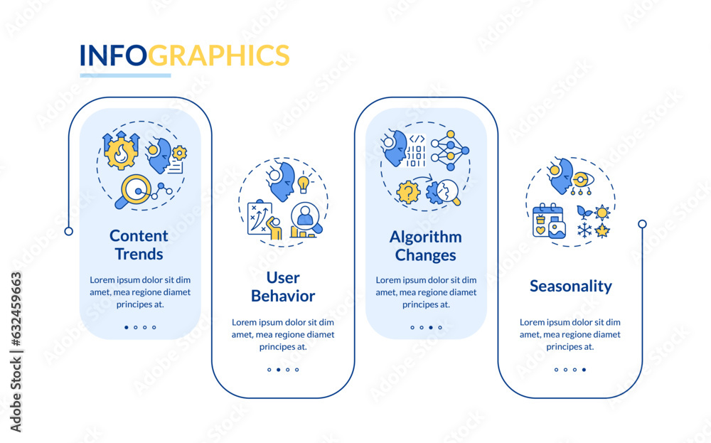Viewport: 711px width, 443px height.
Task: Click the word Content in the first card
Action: coord(139,235)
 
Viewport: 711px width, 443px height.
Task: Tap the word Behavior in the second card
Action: coord(283,296)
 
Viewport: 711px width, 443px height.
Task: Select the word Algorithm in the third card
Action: coord(425,237)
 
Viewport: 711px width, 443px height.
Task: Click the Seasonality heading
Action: coord(570,286)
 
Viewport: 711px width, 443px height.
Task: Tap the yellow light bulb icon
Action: coord(304,184)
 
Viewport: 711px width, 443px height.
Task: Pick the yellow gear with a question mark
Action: coord(408,192)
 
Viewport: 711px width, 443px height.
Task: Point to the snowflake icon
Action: coord(584,230)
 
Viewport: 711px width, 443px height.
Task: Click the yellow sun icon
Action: coord(602,212)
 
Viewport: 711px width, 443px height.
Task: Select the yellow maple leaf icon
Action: coord(602,230)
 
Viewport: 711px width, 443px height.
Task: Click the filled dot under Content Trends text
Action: coord(127,328)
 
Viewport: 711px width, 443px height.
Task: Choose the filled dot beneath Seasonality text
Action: coord(584,370)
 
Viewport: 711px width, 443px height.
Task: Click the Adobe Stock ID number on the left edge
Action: coord(16,351)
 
